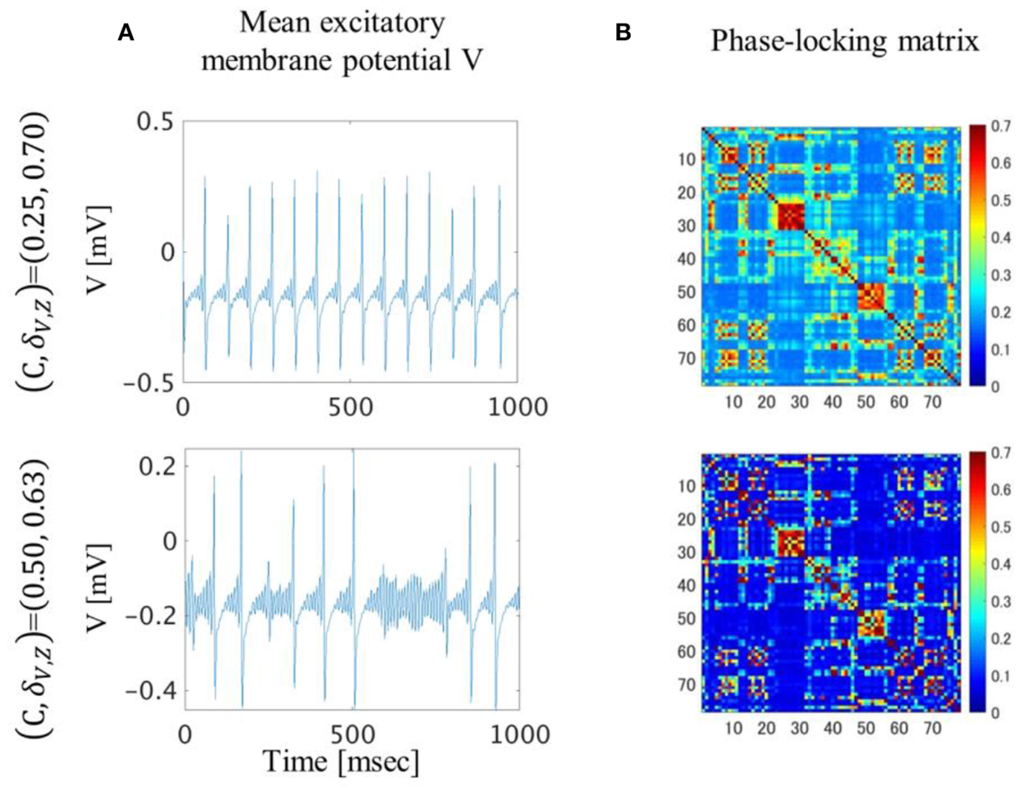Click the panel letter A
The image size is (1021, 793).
(x=126, y=32)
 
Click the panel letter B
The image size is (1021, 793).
(x=624, y=32)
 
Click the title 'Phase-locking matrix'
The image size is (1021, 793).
(x=844, y=41)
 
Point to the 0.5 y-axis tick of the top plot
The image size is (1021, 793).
(x=156, y=122)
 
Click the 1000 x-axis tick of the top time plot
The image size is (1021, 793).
(x=517, y=407)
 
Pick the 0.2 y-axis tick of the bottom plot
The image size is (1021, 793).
(x=158, y=466)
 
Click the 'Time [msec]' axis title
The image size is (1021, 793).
(x=340, y=761)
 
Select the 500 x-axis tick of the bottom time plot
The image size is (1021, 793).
(x=354, y=734)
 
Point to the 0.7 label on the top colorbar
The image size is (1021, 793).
(x=1000, y=127)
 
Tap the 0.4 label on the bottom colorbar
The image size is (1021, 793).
(x=1000, y=565)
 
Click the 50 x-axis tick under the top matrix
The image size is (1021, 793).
(x=865, y=402)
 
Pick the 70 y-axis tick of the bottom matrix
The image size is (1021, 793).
(x=687, y=685)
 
